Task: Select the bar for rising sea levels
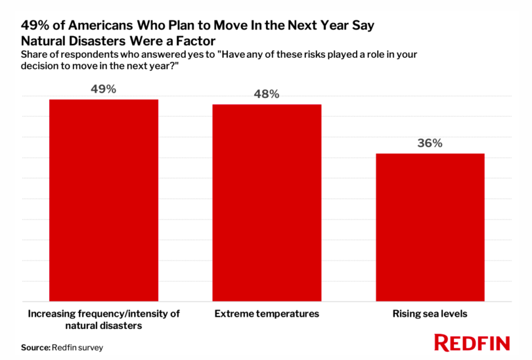click(x=430, y=227)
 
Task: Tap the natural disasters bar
click(x=104, y=200)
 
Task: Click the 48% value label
click(x=267, y=94)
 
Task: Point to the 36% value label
click(x=430, y=143)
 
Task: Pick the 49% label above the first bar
click(x=104, y=89)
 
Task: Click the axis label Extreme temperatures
click(x=267, y=314)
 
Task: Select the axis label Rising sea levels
click(x=430, y=314)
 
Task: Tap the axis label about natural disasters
click(x=104, y=319)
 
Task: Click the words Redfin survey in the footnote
click(x=78, y=347)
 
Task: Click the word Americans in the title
click(x=99, y=26)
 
